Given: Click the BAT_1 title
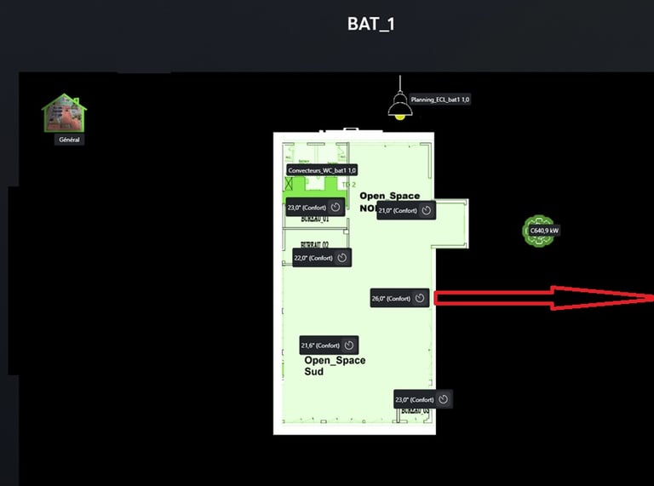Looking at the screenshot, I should (370, 25).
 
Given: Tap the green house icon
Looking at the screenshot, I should (65, 112).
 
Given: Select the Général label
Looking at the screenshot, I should (70, 139).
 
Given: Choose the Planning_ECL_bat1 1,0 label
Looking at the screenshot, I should (440, 100).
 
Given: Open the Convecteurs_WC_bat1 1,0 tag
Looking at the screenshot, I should (322, 170).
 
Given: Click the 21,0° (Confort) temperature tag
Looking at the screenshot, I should (399, 210).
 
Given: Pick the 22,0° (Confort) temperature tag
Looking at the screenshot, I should (313, 258).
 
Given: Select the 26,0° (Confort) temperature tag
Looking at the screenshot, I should (391, 298).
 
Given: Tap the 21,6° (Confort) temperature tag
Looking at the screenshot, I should (320, 346).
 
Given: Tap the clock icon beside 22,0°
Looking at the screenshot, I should (341, 258).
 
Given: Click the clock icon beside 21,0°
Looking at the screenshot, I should (427, 210).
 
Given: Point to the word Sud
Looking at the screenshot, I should (313, 372).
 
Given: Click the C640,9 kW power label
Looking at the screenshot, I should (544, 230).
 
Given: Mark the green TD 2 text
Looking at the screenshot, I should (347, 184).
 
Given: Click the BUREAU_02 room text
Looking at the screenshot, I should (315, 244).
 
